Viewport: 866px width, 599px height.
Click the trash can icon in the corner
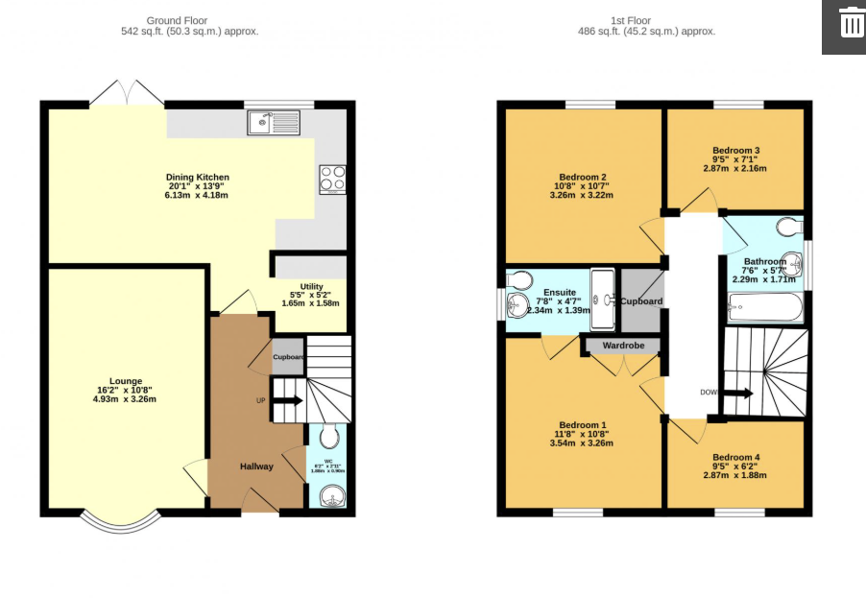pos(852,22)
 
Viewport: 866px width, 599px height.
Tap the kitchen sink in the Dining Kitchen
pos(274,122)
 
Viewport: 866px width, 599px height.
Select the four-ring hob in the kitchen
pos(332,180)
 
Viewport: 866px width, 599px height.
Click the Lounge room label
pos(125,381)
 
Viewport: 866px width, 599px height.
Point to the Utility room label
pos(311,286)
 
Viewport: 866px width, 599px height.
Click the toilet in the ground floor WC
pos(329,438)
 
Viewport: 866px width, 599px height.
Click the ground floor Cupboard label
pos(288,357)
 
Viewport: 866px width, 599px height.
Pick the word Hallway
pos(256,467)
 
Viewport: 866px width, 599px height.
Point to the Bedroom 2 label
pos(583,177)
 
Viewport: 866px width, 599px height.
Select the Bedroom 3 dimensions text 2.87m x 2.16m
pos(734,168)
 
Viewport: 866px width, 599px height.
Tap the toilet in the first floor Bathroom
pos(789,227)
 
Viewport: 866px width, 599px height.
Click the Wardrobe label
pos(622,346)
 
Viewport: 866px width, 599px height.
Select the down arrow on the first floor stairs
pos(737,393)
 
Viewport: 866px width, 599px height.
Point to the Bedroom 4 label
pos(735,458)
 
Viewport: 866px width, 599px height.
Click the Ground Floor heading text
pos(177,20)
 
